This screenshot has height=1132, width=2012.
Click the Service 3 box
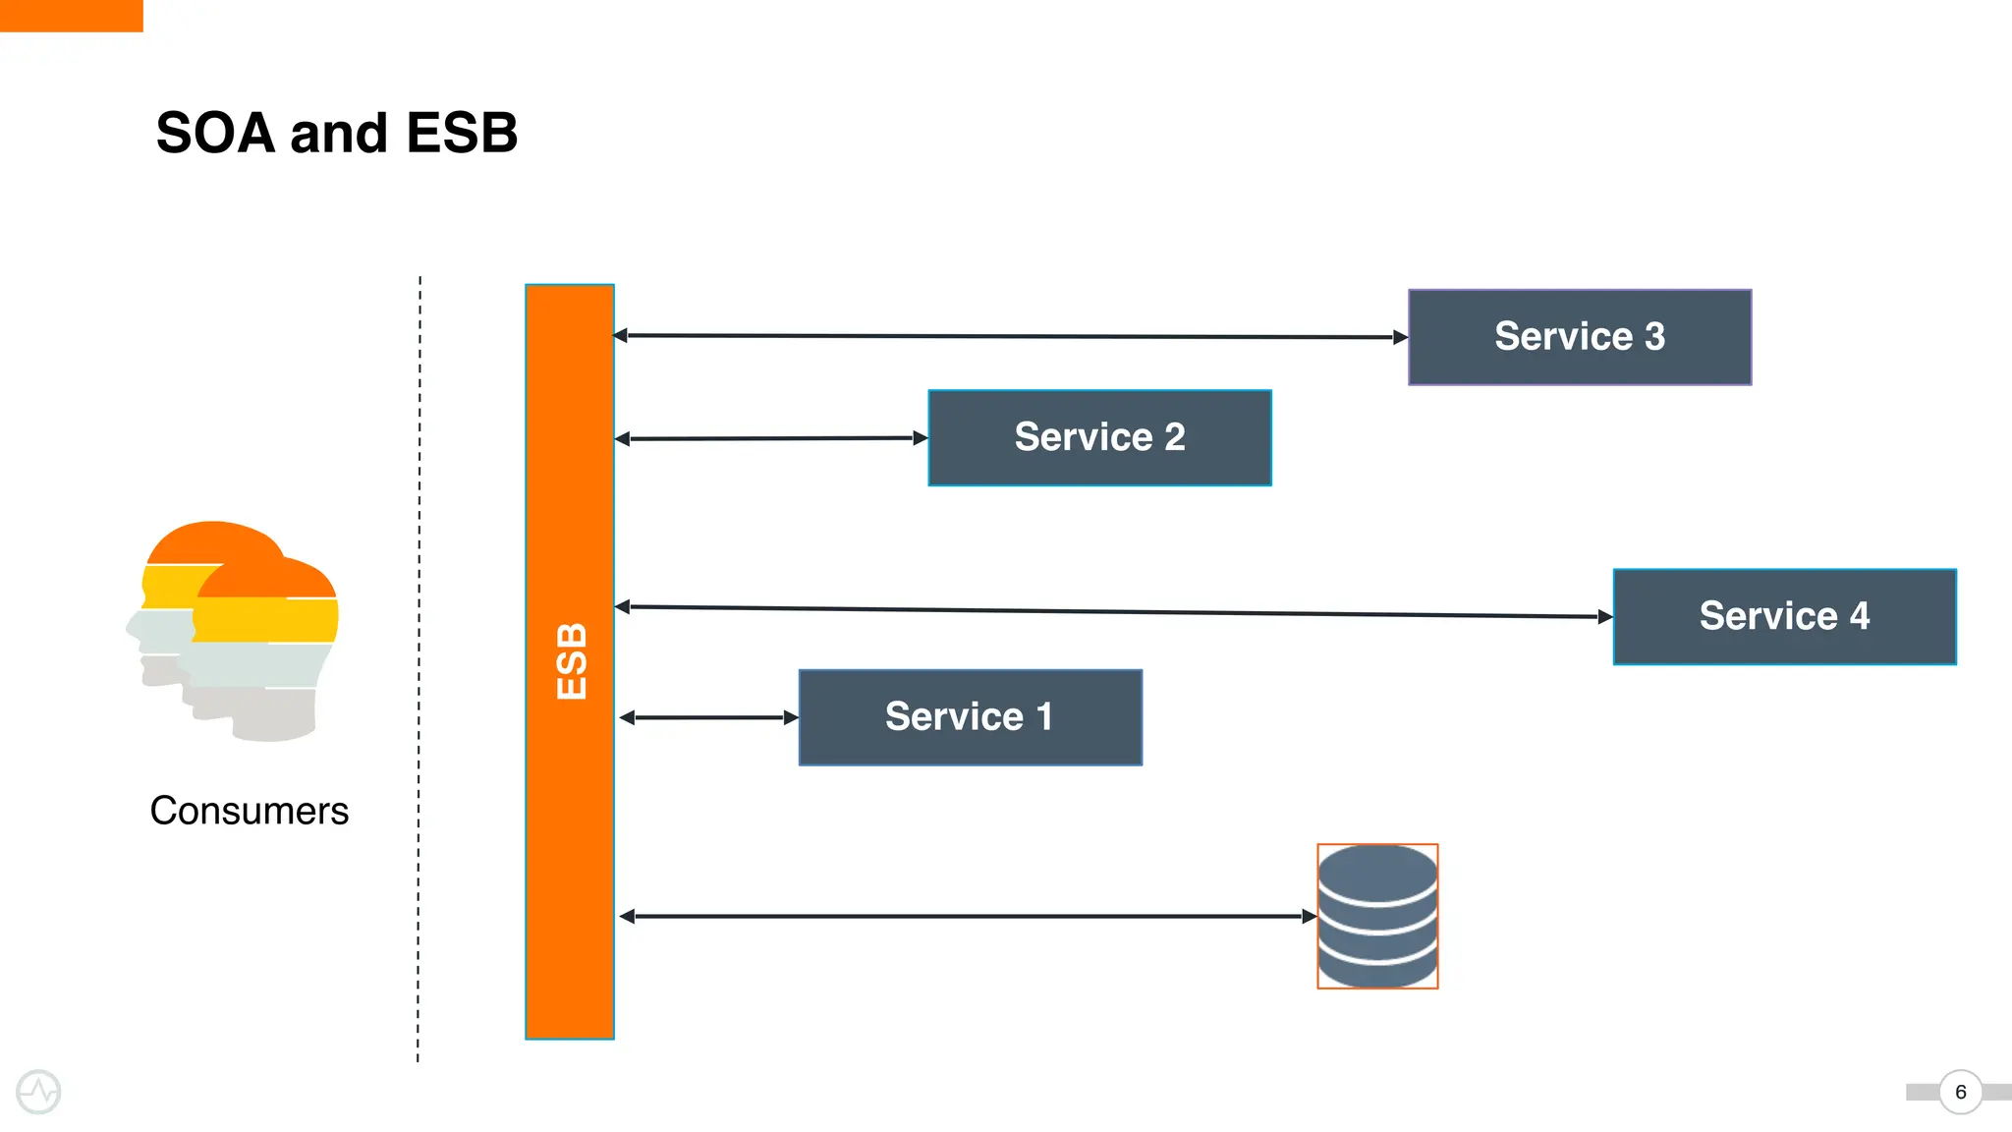(1579, 337)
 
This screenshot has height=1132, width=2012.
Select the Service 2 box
(1099, 437)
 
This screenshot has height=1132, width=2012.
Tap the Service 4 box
(1784, 616)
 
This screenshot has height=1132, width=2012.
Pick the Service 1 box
(970, 717)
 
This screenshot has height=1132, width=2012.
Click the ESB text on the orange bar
(571, 661)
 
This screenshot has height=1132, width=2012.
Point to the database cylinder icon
(1377, 916)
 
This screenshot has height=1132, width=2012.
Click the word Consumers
(249, 811)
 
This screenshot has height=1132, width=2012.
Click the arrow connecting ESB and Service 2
(771, 438)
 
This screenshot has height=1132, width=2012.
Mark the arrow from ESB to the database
(968, 916)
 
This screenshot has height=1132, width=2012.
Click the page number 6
(1960, 1092)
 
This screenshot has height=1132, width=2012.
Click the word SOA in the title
(215, 134)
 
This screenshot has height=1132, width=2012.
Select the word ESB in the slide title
(462, 134)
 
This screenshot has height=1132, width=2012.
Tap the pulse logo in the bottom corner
(38, 1092)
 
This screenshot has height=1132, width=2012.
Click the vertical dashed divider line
(419, 668)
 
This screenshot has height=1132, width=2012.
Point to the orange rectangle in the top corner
(71, 15)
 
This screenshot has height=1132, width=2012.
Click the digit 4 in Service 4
(1859, 616)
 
